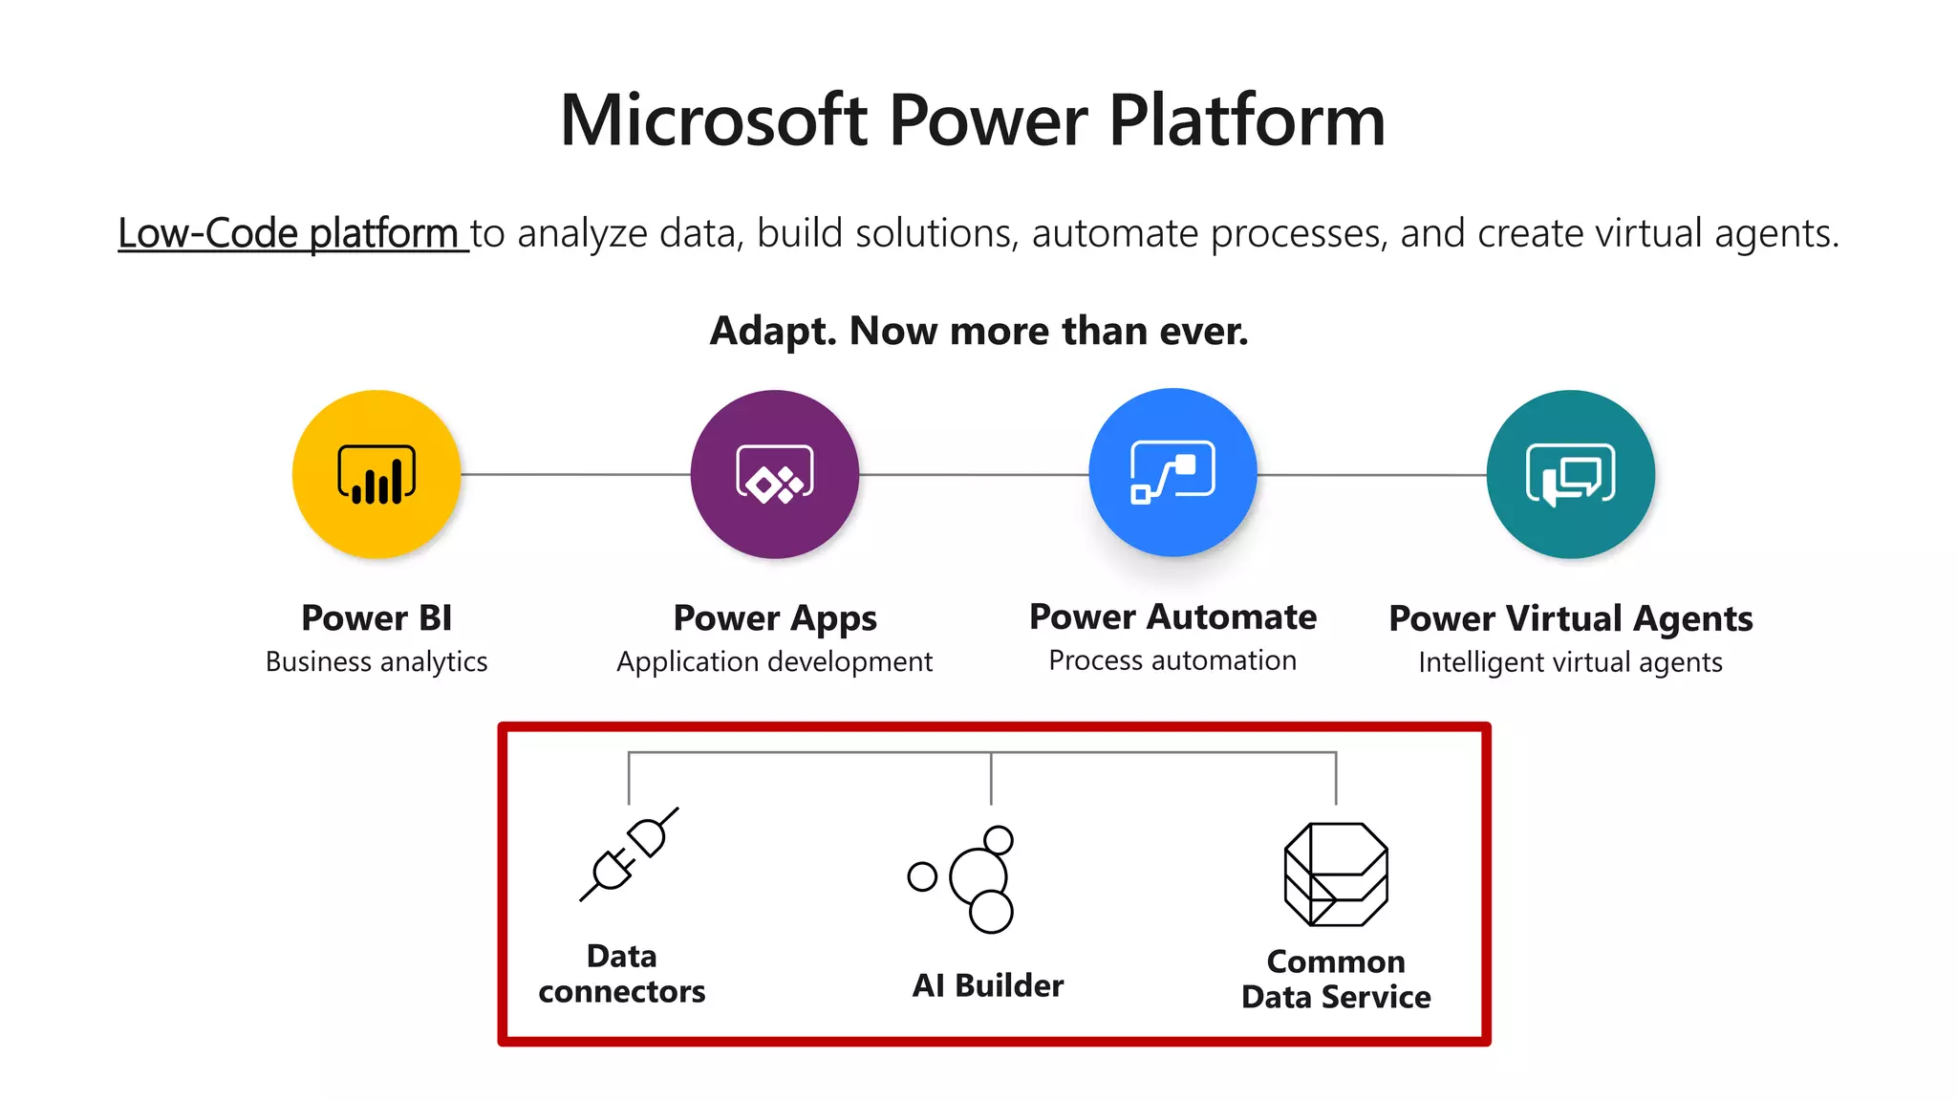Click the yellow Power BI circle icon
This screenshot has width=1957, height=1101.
point(376,474)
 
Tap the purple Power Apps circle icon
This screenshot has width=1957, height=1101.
point(775,474)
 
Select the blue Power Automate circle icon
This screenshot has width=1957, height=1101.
point(1172,472)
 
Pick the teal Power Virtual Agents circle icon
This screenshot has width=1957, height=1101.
point(1571,474)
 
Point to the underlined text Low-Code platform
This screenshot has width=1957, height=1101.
point(289,233)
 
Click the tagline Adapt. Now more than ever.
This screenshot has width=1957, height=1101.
point(978,331)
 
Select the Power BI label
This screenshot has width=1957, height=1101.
point(376,618)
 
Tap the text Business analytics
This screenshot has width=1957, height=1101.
point(376,661)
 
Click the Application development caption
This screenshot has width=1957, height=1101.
point(775,661)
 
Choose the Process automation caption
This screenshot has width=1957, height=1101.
point(1172,660)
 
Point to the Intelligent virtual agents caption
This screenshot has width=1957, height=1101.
point(1571,662)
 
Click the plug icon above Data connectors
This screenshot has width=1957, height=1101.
point(629,854)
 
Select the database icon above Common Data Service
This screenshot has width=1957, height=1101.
point(1336,874)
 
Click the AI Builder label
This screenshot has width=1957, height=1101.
point(988,985)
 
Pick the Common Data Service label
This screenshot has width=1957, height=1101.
point(1336,980)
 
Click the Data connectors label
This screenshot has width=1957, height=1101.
point(622,974)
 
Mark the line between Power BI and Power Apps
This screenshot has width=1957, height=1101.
point(575,474)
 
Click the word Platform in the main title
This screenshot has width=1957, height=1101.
point(1247,120)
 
